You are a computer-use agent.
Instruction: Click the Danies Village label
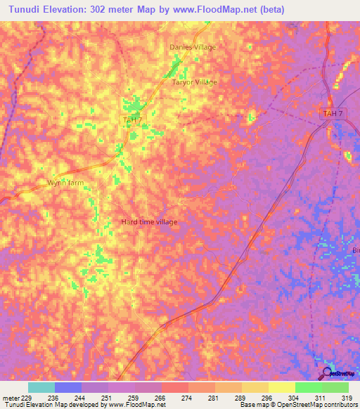(193, 47)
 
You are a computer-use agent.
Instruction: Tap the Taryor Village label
(195, 82)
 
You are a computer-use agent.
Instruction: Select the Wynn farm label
(65, 182)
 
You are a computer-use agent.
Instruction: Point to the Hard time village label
(149, 222)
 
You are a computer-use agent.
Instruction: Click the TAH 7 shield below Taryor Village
(132, 121)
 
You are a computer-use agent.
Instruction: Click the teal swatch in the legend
(41, 387)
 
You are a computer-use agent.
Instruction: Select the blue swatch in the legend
(68, 387)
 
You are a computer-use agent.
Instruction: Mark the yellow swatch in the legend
(281, 387)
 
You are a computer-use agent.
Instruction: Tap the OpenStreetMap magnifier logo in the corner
(326, 373)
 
